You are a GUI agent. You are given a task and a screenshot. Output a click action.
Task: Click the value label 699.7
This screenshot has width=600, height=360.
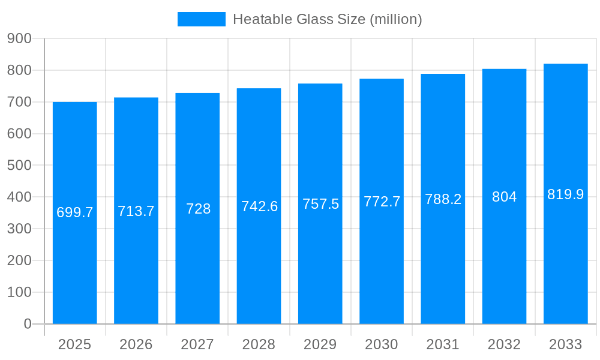click(75, 212)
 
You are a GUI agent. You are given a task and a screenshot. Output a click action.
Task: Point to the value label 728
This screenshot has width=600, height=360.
click(198, 209)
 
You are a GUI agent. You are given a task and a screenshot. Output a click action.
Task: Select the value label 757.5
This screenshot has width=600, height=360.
click(320, 204)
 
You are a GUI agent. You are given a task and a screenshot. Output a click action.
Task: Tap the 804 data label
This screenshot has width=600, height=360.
click(504, 197)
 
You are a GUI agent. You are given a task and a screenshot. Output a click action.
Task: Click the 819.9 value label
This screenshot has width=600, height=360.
click(566, 194)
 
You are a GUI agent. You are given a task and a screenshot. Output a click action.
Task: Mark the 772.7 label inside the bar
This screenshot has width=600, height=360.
click(382, 202)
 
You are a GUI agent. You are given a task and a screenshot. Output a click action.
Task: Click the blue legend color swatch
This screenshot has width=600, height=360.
click(202, 19)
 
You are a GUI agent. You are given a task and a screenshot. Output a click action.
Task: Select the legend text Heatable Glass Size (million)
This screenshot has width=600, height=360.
click(328, 19)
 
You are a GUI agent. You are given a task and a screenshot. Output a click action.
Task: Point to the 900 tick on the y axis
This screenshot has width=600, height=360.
click(19, 38)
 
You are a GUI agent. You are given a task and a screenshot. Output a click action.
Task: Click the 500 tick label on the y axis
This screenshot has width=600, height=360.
click(19, 165)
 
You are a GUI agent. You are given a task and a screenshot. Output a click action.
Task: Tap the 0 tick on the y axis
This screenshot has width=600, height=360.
click(27, 324)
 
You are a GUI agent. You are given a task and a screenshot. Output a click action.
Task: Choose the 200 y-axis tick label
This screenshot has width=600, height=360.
click(19, 260)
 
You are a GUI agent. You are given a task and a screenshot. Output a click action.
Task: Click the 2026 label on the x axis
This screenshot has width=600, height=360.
click(136, 344)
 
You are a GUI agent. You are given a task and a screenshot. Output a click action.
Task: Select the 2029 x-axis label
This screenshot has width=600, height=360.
click(320, 344)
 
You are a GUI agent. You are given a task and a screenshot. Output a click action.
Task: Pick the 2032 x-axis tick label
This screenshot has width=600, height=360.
click(504, 344)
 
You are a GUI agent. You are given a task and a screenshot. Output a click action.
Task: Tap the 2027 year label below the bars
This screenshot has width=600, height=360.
click(197, 344)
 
